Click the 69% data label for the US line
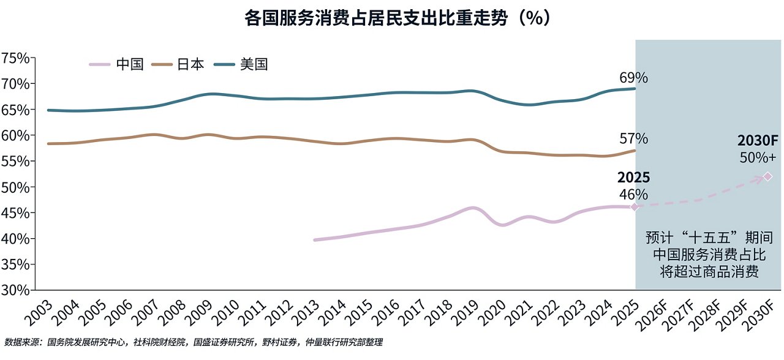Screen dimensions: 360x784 click(x=633, y=78)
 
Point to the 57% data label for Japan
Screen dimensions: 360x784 click(x=633, y=139)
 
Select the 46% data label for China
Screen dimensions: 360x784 click(x=633, y=194)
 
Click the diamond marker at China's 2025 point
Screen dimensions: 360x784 click(x=635, y=207)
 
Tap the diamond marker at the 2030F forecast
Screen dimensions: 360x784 click(x=767, y=177)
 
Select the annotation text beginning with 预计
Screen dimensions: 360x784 click(x=709, y=254)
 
